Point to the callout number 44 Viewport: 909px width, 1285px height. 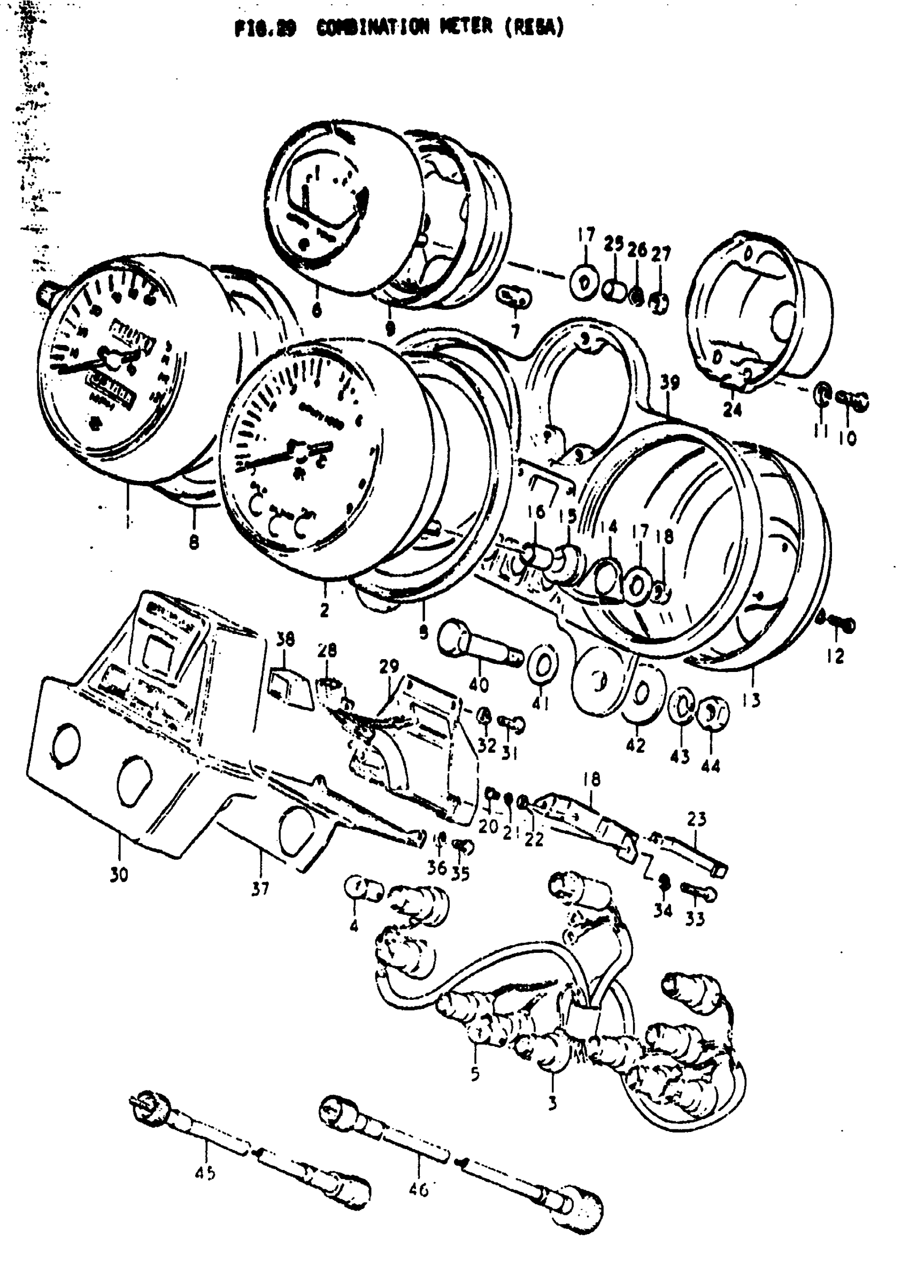pyautogui.click(x=711, y=765)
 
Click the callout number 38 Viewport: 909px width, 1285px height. pyautogui.click(x=286, y=639)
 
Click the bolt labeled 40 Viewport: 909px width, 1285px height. pyautogui.click(x=479, y=644)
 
